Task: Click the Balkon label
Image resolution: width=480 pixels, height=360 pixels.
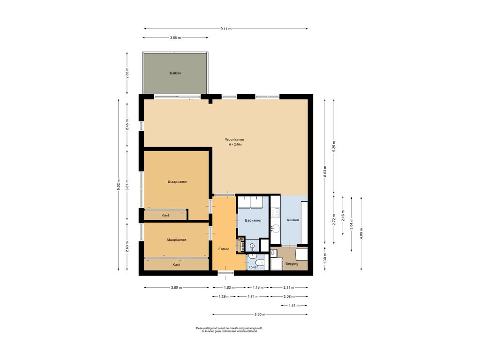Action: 175,73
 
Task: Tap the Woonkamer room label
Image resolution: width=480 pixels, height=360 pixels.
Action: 235,140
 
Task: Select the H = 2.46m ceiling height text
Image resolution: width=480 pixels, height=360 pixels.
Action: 235,144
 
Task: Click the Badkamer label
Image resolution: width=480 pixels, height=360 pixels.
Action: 253,220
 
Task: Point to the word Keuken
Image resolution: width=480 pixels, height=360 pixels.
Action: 293,220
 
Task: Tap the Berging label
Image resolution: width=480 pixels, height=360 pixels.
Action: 292,263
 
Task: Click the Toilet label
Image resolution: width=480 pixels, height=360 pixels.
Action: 253,267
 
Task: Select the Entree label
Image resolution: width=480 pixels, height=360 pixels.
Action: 224,249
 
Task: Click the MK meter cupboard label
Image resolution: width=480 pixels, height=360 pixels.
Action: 240,239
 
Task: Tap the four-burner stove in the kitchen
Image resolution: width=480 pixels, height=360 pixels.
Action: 276,212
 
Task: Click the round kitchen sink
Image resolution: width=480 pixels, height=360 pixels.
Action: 276,228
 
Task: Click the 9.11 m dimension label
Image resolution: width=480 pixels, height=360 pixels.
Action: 226,29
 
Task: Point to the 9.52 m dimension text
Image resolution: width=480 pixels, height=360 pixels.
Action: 119,185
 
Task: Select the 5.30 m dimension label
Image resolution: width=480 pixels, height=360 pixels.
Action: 260,315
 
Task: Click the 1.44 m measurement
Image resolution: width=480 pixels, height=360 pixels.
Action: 294,306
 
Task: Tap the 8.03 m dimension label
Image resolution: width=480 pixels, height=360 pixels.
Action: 325,172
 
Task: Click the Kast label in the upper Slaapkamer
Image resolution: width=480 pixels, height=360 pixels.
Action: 165,215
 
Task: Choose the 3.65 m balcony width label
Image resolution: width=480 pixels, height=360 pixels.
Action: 175,37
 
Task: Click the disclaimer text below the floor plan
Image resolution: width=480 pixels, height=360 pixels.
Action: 230,330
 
